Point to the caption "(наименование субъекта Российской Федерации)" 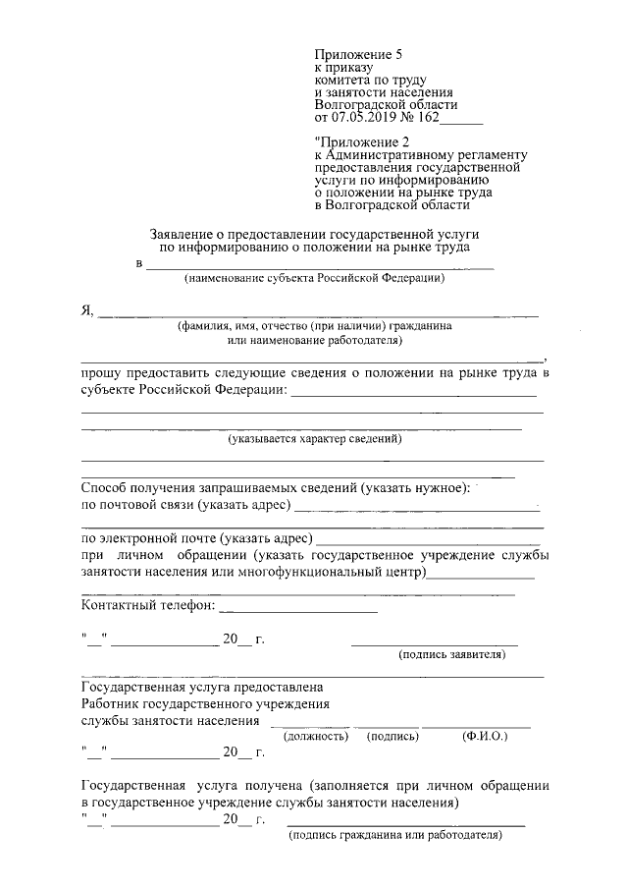pos(314,279)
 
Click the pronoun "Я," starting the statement pos(86,311)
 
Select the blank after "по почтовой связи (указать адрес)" pos(416,506)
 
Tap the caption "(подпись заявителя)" pos(450,653)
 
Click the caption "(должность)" pos(315,735)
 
